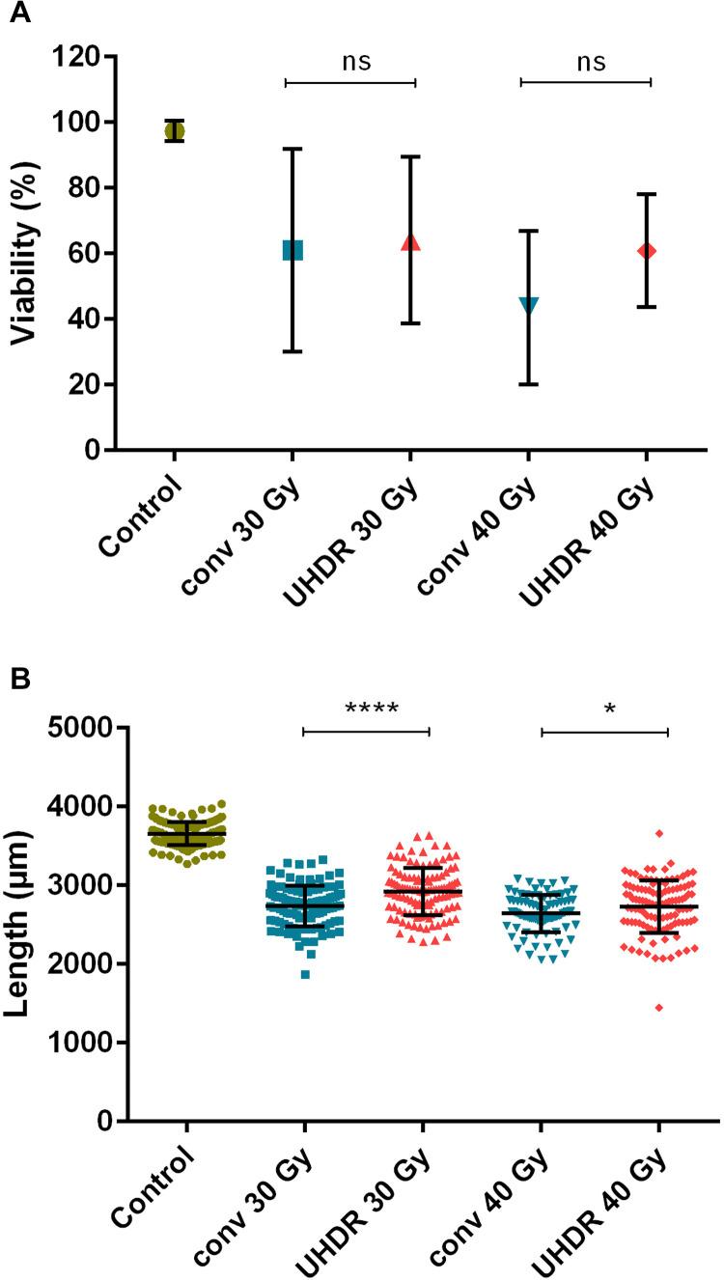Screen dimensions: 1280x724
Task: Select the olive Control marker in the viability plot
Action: pyautogui.click(x=174, y=130)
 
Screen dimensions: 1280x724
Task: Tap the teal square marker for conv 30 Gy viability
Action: pyautogui.click(x=292, y=250)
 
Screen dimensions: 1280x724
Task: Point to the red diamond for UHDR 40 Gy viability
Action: pyautogui.click(x=646, y=251)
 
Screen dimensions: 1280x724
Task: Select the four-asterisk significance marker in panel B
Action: pyautogui.click(x=372, y=710)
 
